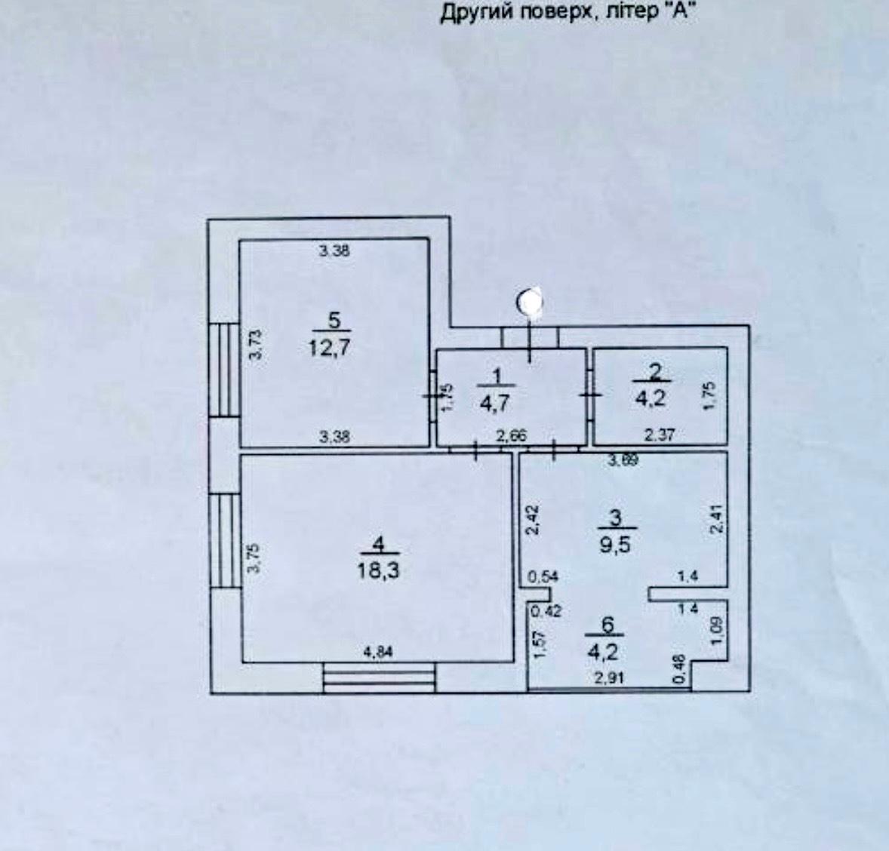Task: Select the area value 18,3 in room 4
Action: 379,570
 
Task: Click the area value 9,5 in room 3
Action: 614,544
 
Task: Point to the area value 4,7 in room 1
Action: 495,403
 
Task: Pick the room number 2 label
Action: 655,370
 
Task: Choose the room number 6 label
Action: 609,624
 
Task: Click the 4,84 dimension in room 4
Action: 379,653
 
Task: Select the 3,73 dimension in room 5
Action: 256,344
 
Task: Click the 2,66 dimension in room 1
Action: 509,435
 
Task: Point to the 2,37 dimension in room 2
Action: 658,435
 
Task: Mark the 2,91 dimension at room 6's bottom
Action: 609,677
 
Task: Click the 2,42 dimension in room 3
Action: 531,520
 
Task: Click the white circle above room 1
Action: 531,303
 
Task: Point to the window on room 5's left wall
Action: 224,369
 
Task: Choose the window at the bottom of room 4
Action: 379,677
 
